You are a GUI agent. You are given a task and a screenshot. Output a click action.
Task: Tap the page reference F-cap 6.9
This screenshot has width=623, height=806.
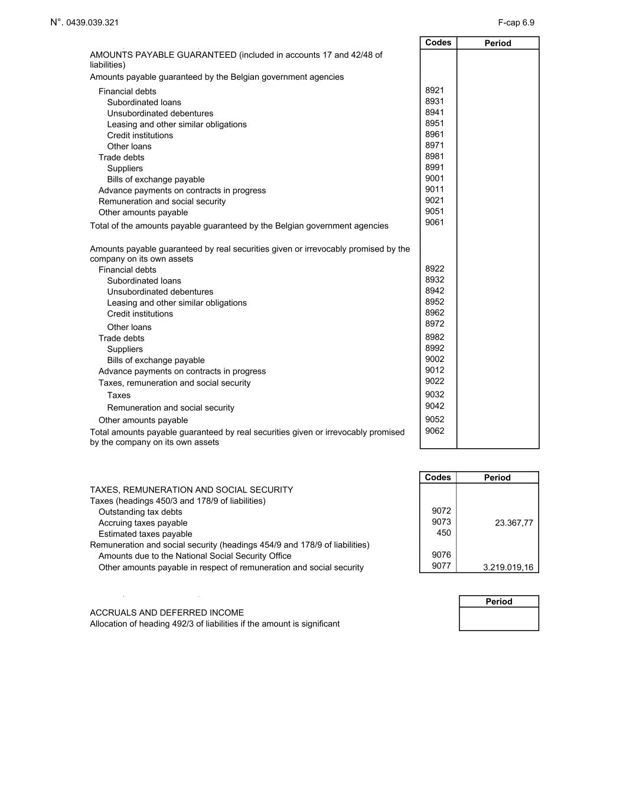pyautogui.click(x=516, y=22)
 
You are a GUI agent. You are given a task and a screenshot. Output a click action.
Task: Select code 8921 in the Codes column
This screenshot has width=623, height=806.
pyautogui.click(x=434, y=90)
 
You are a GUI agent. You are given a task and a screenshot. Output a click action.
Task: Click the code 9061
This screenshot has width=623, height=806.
pyautogui.click(x=434, y=223)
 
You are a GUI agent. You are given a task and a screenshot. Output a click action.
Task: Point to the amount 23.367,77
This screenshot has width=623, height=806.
pyautogui.click(x=514, y=523)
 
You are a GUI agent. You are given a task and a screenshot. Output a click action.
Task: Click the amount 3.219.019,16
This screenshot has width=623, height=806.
pyautogui.click(x=508, y=567)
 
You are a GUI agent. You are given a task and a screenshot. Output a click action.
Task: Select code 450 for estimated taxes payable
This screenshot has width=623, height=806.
pyautogui.click(x=443, y=533)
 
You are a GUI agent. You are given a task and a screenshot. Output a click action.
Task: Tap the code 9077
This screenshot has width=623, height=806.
pyautogui.click(x=441, y=566)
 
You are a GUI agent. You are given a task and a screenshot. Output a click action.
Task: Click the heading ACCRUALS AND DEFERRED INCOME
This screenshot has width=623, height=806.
pyautogui.click(x=167, y=613)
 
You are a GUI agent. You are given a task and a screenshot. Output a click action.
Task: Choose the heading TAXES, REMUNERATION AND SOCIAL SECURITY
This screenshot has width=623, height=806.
pyautogui.click(x=191, y=490)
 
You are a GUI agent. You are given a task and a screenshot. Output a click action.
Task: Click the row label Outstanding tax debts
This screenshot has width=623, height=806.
pyautogui.click(x=140, y=512)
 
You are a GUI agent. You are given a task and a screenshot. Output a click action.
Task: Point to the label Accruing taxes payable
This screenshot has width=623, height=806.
pyautogui.click(x=143, y=523)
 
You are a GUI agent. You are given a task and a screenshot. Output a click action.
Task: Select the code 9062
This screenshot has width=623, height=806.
pyautogui.click(x=434, y=431)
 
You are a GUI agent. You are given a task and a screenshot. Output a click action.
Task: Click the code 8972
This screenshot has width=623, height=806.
pyautogui.click(x=434, y=324)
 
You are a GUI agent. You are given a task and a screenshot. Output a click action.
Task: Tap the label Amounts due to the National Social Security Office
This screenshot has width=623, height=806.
pyautogui.click(x=195, y=556)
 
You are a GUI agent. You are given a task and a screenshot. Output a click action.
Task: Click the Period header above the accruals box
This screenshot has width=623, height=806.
pyautogui.click(x=498, y=602)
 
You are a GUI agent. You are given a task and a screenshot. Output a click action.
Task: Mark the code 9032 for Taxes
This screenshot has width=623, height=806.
pyautogui.click(x=434, y=394)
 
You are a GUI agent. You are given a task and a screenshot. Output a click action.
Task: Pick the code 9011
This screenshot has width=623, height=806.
pyautogui.click(x=434, y=190)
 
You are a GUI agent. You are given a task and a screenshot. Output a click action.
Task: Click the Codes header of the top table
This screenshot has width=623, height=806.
pyautogui.click(x=438, y=43)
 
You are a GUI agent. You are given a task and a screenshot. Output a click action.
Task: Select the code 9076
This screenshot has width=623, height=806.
pyautogui.click(x=441, y=554)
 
